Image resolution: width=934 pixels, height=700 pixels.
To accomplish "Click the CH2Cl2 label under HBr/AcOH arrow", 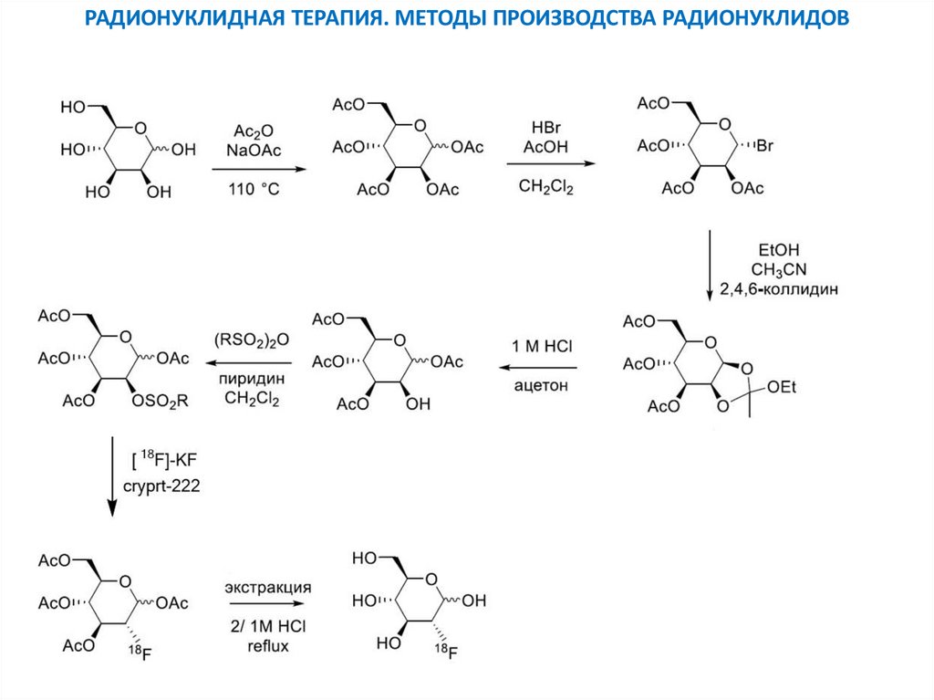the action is pyautogui.click(x=545, y=186).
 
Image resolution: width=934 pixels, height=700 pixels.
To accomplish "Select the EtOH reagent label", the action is pyautogui.click(x=779, y=249).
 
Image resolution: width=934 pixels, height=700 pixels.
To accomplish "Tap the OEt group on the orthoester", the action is pyautogui.click(x=782, y=388).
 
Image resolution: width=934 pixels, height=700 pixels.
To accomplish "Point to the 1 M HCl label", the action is pyautogui.click(x=543, y=346).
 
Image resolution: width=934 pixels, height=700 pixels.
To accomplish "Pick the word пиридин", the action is pyautogui.click(x=248, y=379).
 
